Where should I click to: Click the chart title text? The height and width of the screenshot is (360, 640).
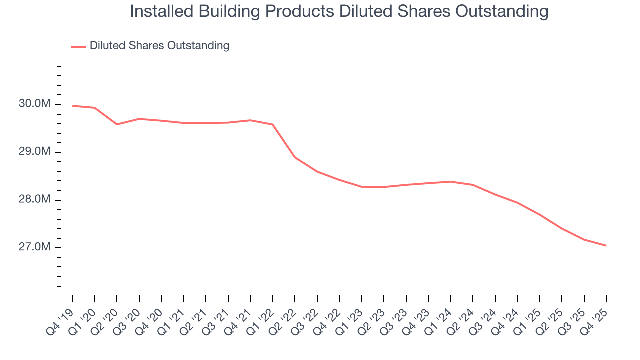(339, 11)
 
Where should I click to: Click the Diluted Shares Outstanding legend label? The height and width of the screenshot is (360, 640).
(159, 46)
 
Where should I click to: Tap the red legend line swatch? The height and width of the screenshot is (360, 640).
(78, 46)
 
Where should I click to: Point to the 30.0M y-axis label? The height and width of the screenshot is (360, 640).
(34, 104)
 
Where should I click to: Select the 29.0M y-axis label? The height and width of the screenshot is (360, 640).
(34, 152)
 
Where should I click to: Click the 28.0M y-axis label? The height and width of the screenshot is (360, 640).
(34, 200)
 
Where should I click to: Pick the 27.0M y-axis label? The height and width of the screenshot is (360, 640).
(34, 248)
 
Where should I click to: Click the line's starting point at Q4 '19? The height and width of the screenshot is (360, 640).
(72, 106)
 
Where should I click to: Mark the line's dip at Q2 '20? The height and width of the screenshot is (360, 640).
(117, 124)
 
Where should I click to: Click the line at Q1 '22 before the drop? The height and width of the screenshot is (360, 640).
(273, 124)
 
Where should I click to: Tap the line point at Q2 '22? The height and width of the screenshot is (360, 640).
(295, 157)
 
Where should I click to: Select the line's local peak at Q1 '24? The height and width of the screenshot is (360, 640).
(451, 181)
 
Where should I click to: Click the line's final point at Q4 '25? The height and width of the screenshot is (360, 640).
(606, 246)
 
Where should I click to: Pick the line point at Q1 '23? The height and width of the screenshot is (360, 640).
(362, 187)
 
